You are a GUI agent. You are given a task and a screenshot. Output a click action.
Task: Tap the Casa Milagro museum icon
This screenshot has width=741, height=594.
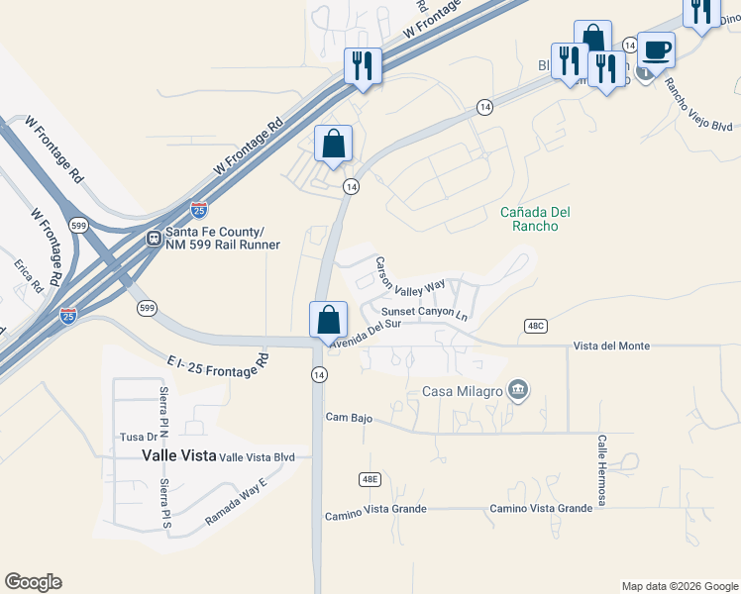(x=517, y=390)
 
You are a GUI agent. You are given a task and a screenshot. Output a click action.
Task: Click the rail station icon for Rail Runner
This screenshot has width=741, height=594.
(x=155, y=238)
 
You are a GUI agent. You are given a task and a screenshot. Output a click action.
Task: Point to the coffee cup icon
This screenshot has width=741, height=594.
(x=656, y=49)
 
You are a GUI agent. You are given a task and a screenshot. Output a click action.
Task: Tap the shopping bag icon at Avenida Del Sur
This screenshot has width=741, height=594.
(x=328, y=321)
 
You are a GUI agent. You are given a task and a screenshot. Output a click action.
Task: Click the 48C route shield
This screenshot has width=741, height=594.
(x=535, y=326)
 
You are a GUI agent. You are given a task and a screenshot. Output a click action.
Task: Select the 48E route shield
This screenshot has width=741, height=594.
(x=369, y=479)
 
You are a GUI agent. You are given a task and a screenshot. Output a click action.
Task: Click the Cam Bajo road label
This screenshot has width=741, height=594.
(x=349, y=418)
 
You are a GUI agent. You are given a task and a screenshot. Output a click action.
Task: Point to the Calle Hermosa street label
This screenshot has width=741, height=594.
(x=601, y=470)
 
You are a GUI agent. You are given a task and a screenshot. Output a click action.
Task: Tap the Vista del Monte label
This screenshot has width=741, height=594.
(x=611, y=346)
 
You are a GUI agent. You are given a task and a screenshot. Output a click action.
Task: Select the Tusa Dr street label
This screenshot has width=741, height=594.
(x=138, y=437)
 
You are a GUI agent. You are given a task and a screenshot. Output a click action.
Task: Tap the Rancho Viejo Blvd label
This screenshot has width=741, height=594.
(x=697, y=104)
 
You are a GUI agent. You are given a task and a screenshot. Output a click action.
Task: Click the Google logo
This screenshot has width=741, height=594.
(x=33, y=582)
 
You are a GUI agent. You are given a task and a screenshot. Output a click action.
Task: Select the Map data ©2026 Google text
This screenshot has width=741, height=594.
(x=679, y=586)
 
